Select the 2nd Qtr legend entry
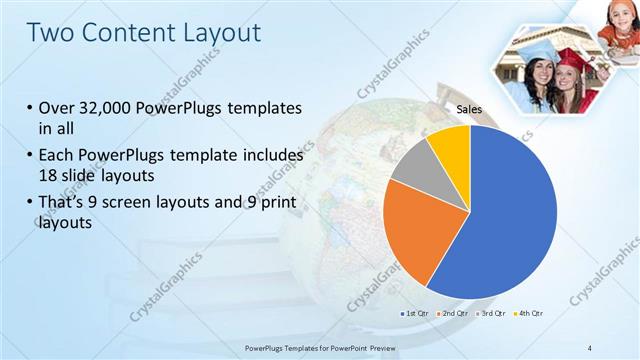point(453,314)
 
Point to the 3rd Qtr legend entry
point(491,314)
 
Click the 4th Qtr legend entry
point(528,314)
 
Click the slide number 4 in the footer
point(590,347)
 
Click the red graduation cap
point(571,60)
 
